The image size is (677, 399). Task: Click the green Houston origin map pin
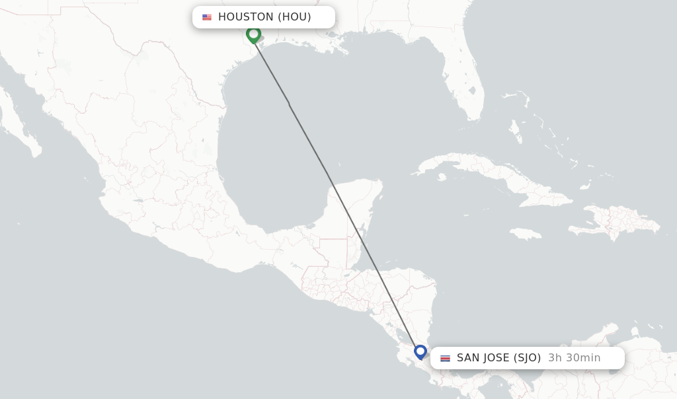[253, 34]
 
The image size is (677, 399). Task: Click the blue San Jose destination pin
[420, 351]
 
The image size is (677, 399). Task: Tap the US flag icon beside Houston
[207, 17]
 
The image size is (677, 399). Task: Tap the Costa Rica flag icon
[445, 358]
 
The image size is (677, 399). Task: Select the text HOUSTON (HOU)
[264, 17]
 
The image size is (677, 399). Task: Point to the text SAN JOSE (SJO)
[498, 358]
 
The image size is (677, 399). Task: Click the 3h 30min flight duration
[574, 358]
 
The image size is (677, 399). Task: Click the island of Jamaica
[526, 233]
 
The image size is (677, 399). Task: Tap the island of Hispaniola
[615, 221]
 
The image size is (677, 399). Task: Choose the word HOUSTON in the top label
[245, 17]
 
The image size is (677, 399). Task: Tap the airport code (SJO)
[527, 358]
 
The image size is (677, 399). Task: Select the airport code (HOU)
[294, 17]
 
